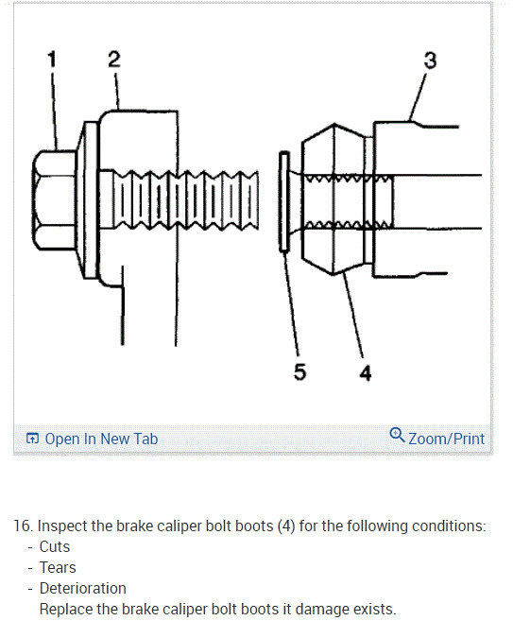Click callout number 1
point(52,60)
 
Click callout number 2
point(114,60)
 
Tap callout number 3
point(430,60)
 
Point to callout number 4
point(366,373)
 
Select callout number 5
point(300,371)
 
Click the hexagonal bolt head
point(54,199)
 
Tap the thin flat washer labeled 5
point(284,201)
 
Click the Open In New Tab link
point(101,439)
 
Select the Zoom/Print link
point(446,439)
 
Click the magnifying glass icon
point(397,435)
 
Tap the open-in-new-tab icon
point(32,439)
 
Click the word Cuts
point(55,547)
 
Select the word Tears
point(58,568)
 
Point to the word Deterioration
point(83,588)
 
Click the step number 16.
point(23,526)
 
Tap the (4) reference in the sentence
point(286,526)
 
